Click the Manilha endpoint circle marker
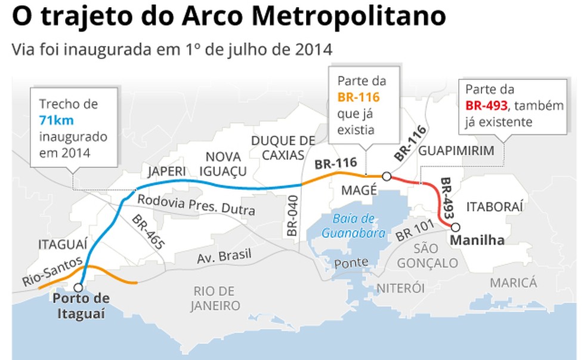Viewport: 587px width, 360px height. (x=456, y=227)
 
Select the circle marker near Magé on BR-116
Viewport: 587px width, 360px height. (x=387, y=176)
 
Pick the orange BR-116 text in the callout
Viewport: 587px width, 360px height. (x=359, y=98)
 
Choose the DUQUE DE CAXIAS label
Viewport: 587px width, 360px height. (x=282, y=149)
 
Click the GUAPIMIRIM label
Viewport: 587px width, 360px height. (x=456, y=151)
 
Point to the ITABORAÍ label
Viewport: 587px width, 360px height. (x=495, y=207)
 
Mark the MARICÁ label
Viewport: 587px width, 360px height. (x=513, y=282)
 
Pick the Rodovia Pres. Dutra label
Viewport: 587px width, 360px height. (x=196, y=205)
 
